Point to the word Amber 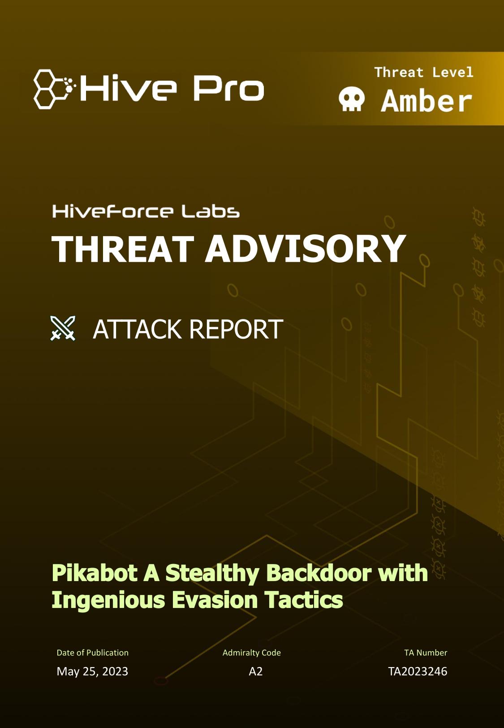(x=426, y=101)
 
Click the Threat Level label (x=424, y=72)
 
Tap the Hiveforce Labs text (x=146, y=211)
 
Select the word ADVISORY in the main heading (x=306, y=249)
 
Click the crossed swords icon (x=63, y=328)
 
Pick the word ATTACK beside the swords (x=137, y=329)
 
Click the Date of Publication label (x=93, y=653)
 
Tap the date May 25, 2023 (x=92, y=672)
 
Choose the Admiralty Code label (x=251, y=653)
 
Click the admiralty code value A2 (x=255, y=672)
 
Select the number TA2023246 (x=418, y=672)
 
